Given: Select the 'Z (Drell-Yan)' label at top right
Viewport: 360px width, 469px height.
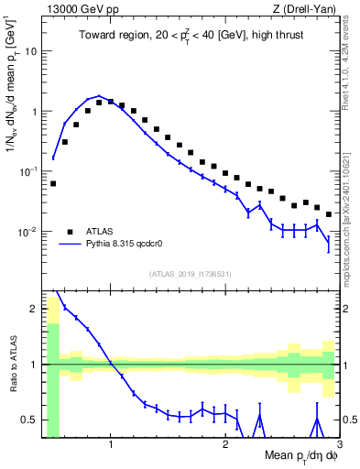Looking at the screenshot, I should click(x=310, y=8).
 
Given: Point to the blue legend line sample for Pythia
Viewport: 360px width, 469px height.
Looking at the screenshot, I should click(x=70, y=245).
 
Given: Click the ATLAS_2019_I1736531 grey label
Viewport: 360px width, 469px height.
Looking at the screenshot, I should click(x=191, y=274).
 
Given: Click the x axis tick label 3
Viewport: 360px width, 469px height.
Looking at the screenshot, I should click(x=339, y=445).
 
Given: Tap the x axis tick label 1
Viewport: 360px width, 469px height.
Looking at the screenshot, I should click(x=111, y=445).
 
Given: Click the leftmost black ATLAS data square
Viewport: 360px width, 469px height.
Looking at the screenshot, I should click(x=53, y=183).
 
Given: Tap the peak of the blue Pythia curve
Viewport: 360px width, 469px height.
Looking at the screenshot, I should click(x=99, y=96).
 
